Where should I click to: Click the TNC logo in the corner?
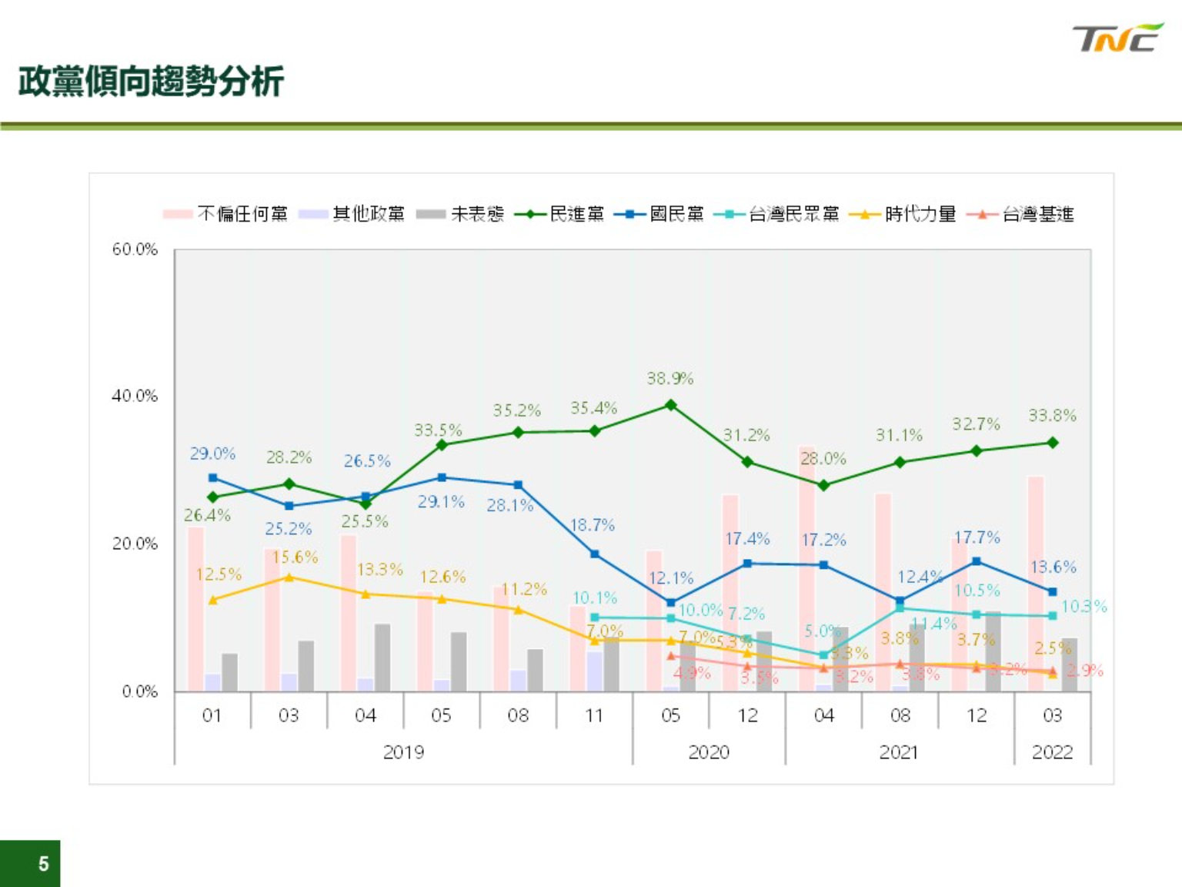click(x=1117, y=38)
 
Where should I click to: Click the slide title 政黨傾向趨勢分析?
click(x=151, y=82)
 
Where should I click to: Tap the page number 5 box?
click(x=31, y=863)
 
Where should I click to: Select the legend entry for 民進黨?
click(x=560, y=214)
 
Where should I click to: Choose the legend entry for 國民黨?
click(x=659, y=214)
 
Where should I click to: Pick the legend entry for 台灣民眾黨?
click(x=777, y=214)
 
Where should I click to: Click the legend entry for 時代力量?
click(x=903, y=214)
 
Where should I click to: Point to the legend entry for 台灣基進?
click(x=1021, y=214)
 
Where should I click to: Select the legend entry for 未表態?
click(x=460, y=214)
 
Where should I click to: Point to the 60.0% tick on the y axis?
click(x=135, y=249)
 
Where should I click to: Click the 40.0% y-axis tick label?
click(x=135, y=396)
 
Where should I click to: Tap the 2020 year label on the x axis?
click(x=708, y=751)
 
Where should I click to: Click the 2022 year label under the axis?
click(x=1052, y=751)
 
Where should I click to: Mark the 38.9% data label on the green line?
click(x=670, y=378)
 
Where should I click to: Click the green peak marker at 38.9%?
click(x=670, y=405)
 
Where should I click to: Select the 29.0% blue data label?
click(x=212, y=454)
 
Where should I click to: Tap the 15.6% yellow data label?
click(x=295, y=557)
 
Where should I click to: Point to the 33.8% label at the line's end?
click(x=1052, y=416)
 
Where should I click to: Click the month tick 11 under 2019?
click(x=594, y=715)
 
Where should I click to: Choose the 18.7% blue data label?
click(x=593, y=525)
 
